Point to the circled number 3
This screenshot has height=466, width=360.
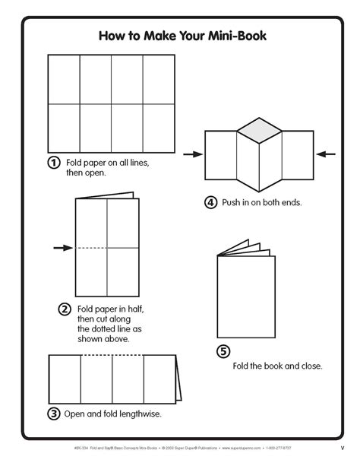coord(54,414)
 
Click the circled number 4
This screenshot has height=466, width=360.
coord(210,202)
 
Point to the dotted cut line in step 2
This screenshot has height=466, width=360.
coord(91,248)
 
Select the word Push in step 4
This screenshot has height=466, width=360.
coord(232,203)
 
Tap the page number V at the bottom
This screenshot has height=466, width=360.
coord(342,446)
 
